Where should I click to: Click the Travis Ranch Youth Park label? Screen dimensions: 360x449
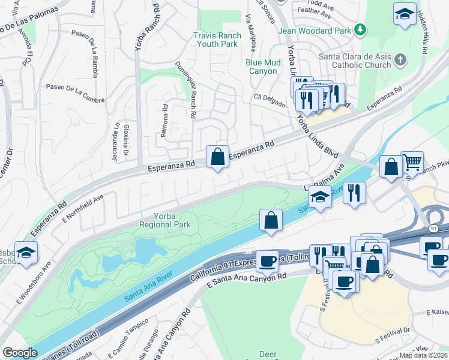pos(217,40)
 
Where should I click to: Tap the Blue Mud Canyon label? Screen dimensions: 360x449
pos(262,66)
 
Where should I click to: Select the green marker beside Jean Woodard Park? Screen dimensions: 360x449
pos(360,29)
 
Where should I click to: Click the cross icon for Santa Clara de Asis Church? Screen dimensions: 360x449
pos(401,60)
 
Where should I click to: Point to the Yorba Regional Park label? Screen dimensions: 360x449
pos(164,220)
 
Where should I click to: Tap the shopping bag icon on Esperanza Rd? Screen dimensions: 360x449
pos(217,157)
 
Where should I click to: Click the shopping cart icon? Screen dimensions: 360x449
pos(412,161)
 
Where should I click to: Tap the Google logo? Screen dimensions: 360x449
pos(20,353)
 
